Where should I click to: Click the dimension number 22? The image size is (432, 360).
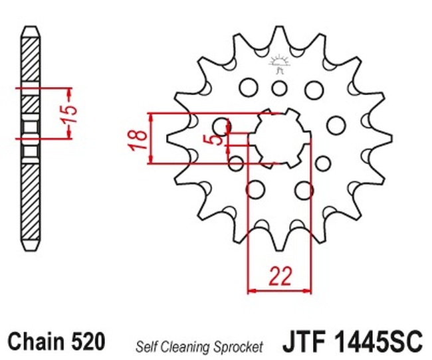pyautogui.click(x=280, y=276)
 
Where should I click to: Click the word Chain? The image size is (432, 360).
pyautogui.click(x=35, y=341)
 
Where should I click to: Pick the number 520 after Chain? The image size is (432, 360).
pyautogui.click(x=88, y=341)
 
